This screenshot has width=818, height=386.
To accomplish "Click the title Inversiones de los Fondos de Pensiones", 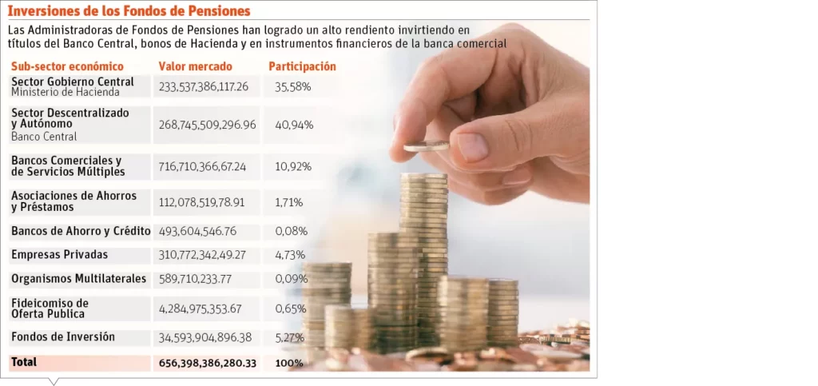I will pos(129,11).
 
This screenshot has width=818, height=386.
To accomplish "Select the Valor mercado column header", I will pos(195,67).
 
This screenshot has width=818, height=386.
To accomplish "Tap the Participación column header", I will pos(302,67).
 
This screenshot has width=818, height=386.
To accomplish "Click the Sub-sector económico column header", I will pos(67,67).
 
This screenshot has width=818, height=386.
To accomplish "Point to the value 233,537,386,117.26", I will pos(204,86).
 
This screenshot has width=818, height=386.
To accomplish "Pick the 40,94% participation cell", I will pos(293,125).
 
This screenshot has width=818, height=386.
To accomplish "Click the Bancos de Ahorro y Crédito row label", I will pos(81,232).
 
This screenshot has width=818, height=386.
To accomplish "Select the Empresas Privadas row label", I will pos(59,255).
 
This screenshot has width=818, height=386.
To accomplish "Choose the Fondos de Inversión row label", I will pos(63,337).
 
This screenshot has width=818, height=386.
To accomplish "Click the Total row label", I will pos(24,362).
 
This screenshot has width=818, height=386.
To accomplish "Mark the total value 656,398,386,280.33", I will pos(207,363).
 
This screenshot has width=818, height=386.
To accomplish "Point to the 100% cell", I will pos(288,363).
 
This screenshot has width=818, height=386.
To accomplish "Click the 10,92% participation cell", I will pos(292,167).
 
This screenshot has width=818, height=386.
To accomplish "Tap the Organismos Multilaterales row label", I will pos(78,279).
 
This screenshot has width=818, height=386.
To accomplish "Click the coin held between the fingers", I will pos(426,146).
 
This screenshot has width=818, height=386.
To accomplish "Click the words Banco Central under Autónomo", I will pos(44,137).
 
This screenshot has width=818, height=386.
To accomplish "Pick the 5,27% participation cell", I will pos(289,338).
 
